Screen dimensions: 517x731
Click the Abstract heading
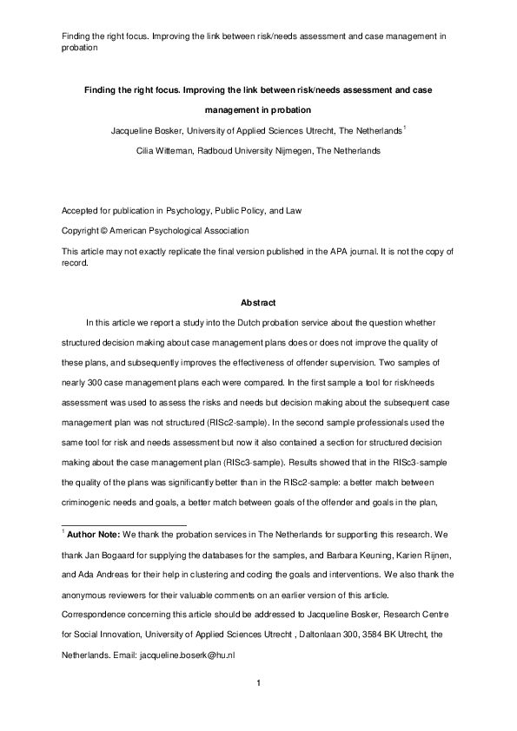pyautogui.click(x=258, y=303)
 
